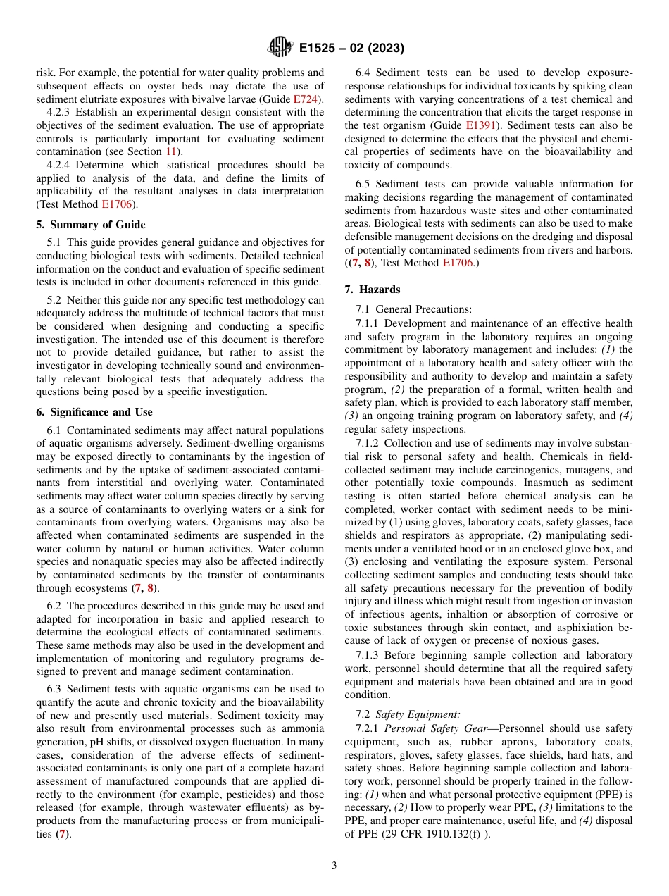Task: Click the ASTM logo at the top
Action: [x=280, y=48]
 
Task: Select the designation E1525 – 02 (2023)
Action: [x=351, y=49]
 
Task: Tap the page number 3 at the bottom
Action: [x=334, y=865]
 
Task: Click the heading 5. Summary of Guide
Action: [x=91, y=225]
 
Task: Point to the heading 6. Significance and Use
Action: [x=94, y=411]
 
